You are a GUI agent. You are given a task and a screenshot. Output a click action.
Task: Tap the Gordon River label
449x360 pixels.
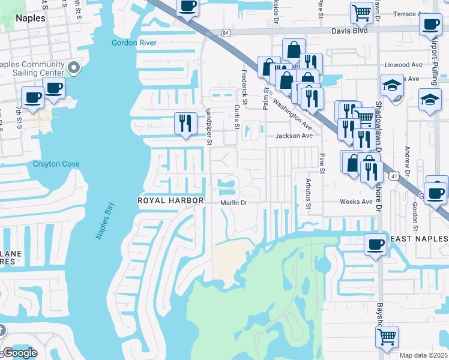134,43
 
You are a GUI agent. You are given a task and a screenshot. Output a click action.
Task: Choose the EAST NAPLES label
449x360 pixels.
418,239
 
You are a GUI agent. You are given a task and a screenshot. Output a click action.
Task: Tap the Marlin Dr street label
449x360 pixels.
234,203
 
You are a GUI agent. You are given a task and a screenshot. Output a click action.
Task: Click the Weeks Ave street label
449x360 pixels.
356,202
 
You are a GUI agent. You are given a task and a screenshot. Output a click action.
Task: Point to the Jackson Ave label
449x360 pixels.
294,136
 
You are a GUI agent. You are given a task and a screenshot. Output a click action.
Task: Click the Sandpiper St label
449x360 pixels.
209,127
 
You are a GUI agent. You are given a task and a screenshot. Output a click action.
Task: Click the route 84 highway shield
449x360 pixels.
225,32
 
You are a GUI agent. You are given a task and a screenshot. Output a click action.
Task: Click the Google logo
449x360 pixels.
20,353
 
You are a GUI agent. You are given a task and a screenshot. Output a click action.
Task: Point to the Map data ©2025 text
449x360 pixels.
423,355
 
